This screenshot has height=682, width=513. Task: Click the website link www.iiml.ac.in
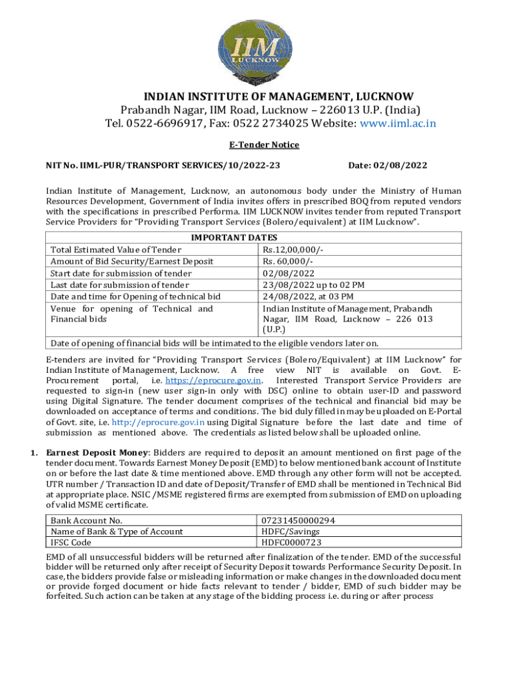(398, 123)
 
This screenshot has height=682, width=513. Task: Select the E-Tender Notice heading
(256, 145)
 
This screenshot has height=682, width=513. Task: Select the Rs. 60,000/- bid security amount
(285, 261)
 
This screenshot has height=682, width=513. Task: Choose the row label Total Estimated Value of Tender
(112, 249)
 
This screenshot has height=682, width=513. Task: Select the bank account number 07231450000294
(298, 520)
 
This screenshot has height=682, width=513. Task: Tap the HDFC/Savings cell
(290, 531)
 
